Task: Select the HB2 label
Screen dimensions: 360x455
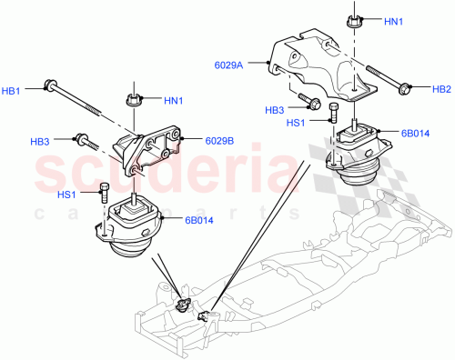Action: click(x=441, y=89)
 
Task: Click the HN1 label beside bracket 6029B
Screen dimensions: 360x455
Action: click(x=173, y=99)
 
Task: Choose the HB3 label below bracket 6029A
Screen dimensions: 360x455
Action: click(x=274, y=111)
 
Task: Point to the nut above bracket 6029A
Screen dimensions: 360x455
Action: click(x=352, y=20)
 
